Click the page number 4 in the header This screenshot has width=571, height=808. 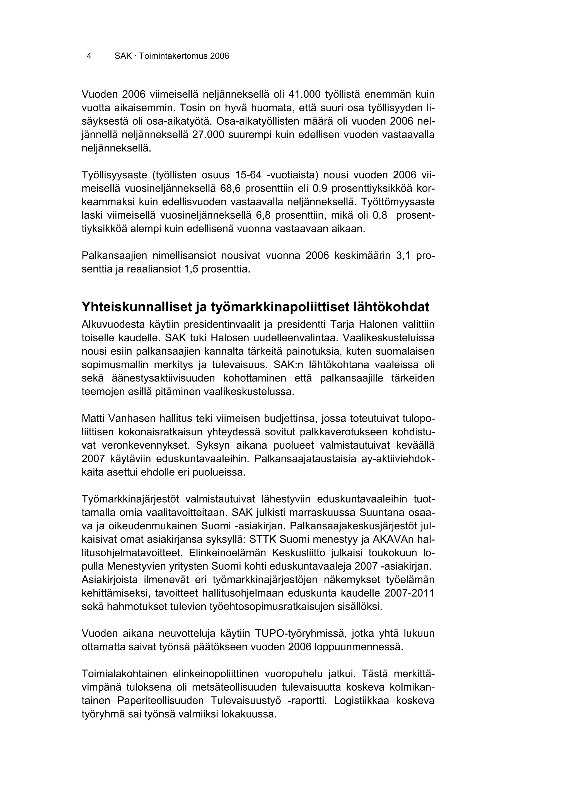(x=89, y=56)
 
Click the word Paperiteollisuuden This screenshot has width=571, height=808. (x=160, y=701)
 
